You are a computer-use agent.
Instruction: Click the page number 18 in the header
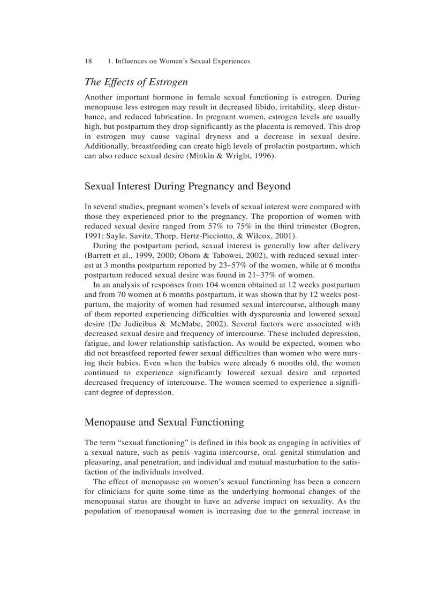click(x=88, y=61)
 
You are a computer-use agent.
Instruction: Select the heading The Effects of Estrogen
click(x=136, y=82)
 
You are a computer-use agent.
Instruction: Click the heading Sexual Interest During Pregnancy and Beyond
click(x=187, y=186)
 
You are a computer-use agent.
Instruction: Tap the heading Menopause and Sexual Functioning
click(x=164, y=422)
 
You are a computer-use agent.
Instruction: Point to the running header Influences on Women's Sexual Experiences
click(x=183, y=61)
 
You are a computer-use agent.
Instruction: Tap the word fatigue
click(x=97, y=343)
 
